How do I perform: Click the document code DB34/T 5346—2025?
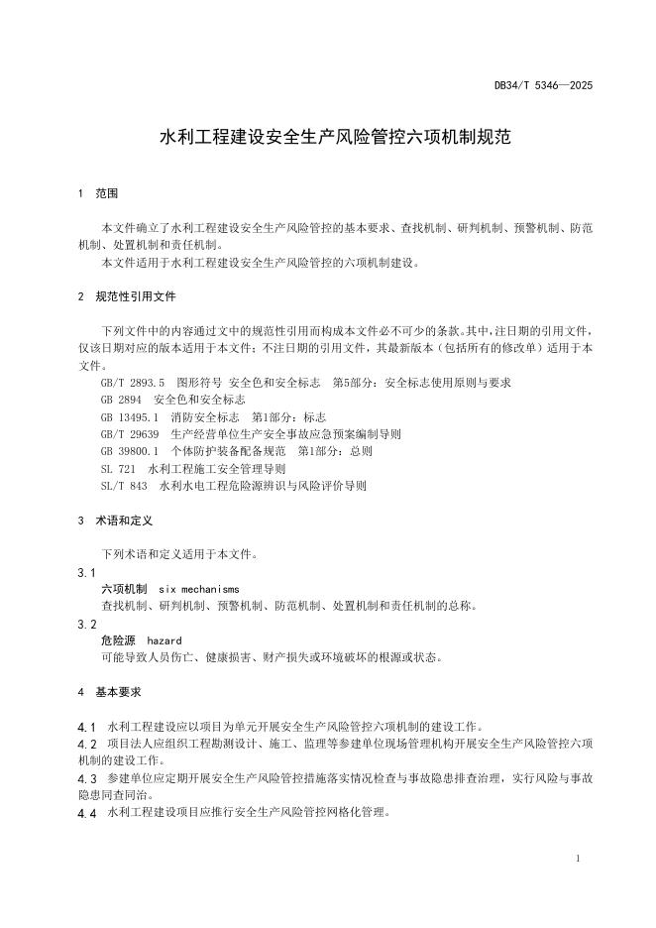543,86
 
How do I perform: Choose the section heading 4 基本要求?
110,691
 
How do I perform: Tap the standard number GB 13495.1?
129,416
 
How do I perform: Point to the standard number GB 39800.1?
129,451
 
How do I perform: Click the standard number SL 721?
118,469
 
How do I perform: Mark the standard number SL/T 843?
123,486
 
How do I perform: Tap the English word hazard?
164,641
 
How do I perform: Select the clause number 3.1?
86,572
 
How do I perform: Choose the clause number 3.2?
86,625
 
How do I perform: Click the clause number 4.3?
86,778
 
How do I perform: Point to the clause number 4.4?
86,813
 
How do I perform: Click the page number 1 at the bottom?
577,859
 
